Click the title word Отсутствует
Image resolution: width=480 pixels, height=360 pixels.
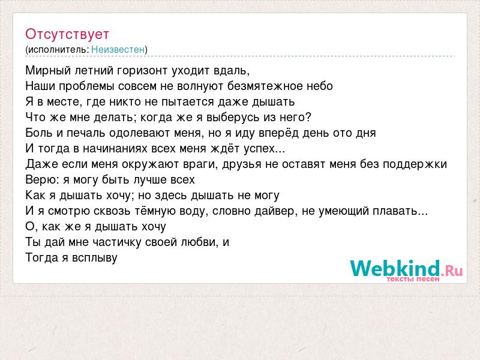click(67, 34)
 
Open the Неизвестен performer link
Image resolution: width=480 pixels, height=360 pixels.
click(118, 49)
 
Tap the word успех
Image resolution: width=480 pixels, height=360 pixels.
click(259, 149)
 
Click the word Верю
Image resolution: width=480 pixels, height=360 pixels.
click(42, 179)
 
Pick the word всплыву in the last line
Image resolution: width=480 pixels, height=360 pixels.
click(95, 258)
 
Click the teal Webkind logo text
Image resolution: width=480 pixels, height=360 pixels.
click(395, 268)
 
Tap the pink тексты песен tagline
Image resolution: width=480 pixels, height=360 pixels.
click(413, 279)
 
